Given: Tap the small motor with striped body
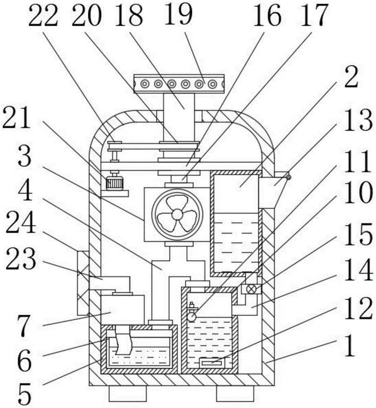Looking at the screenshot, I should tap(114, 184).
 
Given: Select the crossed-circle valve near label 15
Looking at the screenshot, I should tap(248, 289).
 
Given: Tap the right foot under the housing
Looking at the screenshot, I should tap(235, 393).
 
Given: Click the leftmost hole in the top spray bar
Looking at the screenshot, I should tap(144, 84).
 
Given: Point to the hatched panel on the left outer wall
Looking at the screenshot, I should tap(82, 282).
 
